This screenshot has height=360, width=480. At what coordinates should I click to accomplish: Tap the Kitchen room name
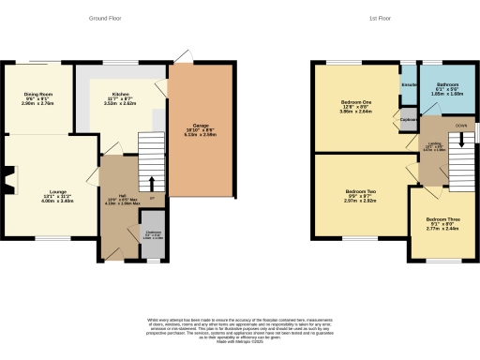(120, 95)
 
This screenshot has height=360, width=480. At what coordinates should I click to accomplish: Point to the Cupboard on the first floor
(409, 121)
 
